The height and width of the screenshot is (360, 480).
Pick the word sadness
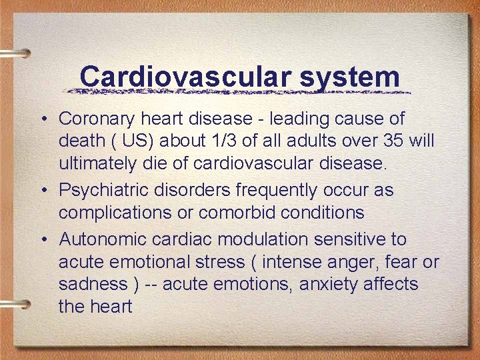93,285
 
